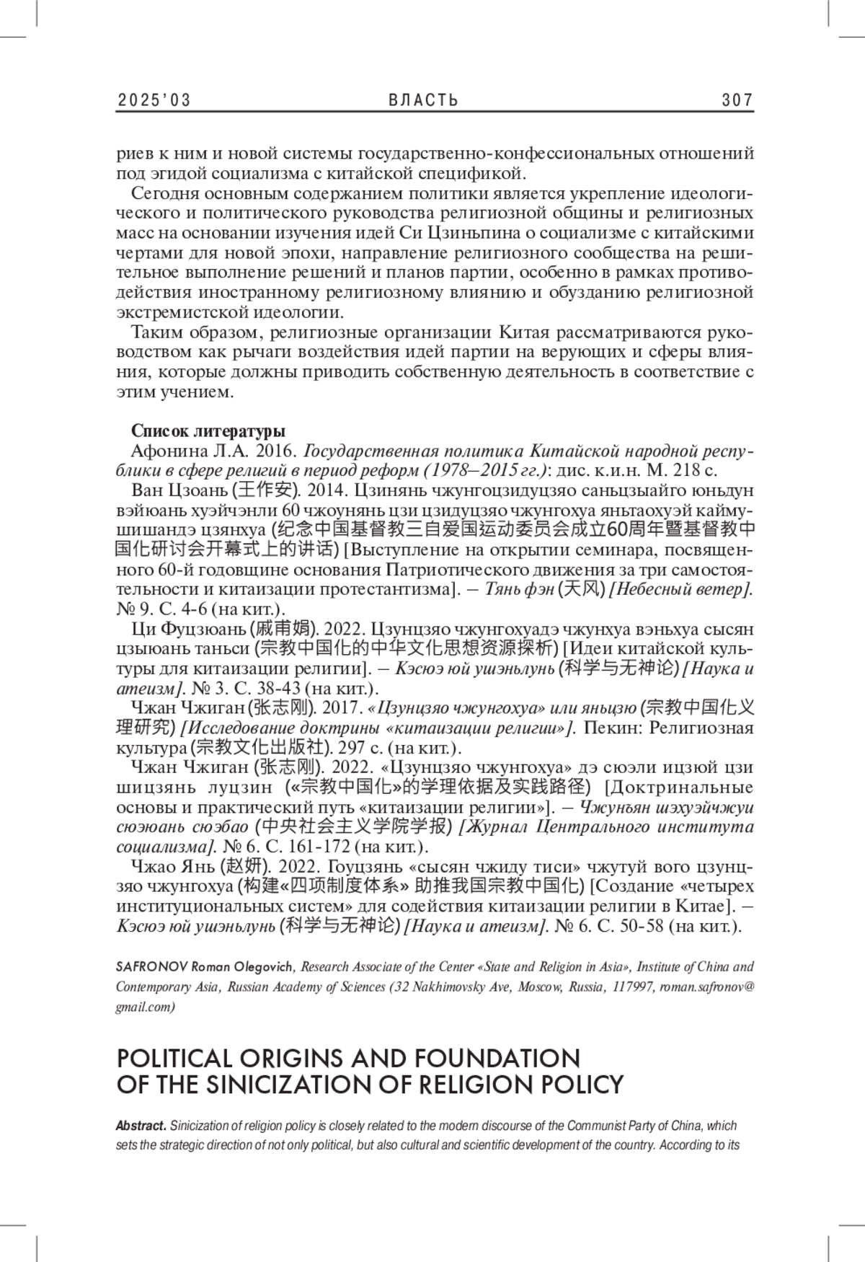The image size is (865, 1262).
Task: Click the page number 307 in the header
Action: [x=737, y=100]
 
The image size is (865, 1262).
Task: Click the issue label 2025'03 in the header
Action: [x=154, y=100]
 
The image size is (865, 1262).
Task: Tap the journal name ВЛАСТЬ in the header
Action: [x=423, y=100]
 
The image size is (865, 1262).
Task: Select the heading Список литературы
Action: [x=208, y=431]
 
